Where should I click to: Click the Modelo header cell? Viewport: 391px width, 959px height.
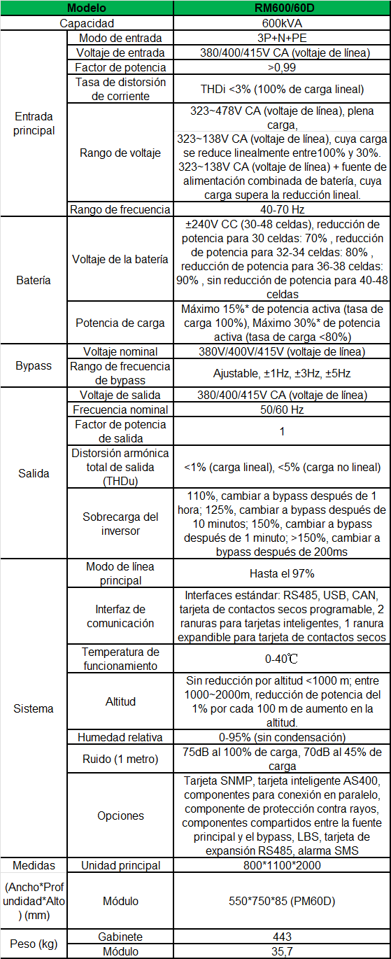click(x=87, y=8)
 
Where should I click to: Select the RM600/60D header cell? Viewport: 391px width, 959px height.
click(x=282, y=8)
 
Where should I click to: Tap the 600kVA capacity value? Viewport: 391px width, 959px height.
click(x=282, y=23)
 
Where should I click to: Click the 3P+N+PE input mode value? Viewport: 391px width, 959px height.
click(x=282, y=38)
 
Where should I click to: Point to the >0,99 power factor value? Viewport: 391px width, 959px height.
click(x=282, y=67)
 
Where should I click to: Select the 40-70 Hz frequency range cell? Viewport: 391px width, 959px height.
click(x=282, y=209)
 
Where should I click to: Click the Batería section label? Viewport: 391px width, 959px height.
click(x=33, y=280)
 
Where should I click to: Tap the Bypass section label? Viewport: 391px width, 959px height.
click(x=33, y=366)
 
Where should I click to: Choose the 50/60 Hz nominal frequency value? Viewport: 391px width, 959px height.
click(x=282, y=409)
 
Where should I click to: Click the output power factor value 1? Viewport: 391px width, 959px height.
click(x=282, y=431)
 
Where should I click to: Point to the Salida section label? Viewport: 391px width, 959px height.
click(x=33, y=473)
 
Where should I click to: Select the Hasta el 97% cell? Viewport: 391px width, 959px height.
click(x=282, y=573)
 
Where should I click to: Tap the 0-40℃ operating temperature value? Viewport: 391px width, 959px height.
click(x=282, y=659)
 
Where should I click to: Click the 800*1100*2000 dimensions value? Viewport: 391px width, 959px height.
click(x=282, y=865)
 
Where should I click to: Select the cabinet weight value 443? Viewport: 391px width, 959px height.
click(x=282, y=937)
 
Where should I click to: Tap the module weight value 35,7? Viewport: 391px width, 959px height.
click(x=282, y=951)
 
